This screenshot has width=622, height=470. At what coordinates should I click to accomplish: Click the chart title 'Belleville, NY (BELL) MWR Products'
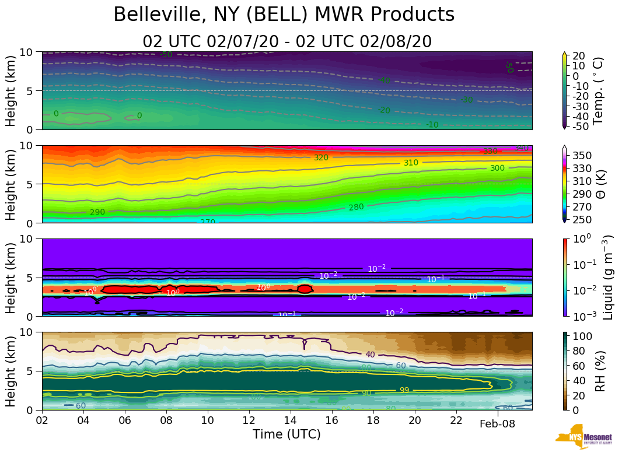click(x=284, y=15)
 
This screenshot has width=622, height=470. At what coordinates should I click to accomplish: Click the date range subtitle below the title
click(x=286, y=41)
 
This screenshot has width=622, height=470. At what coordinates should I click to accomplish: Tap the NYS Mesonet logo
click(x=583, y=440)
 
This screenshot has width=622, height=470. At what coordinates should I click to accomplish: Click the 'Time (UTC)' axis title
click(x=286, y=434)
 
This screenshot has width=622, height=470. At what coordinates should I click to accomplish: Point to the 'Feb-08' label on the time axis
click(x=497, y=424)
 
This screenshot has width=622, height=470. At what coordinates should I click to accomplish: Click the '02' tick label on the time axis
click(x=42, y=420)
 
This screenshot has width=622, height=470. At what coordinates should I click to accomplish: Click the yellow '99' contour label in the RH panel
click(x=404, y=390)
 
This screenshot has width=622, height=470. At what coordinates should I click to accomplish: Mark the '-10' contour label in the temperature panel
click(x=432, y=125)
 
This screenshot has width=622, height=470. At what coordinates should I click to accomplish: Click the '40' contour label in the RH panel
click(x=370, y=355)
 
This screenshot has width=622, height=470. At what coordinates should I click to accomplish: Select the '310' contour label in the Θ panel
click(x=411, y=163)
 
